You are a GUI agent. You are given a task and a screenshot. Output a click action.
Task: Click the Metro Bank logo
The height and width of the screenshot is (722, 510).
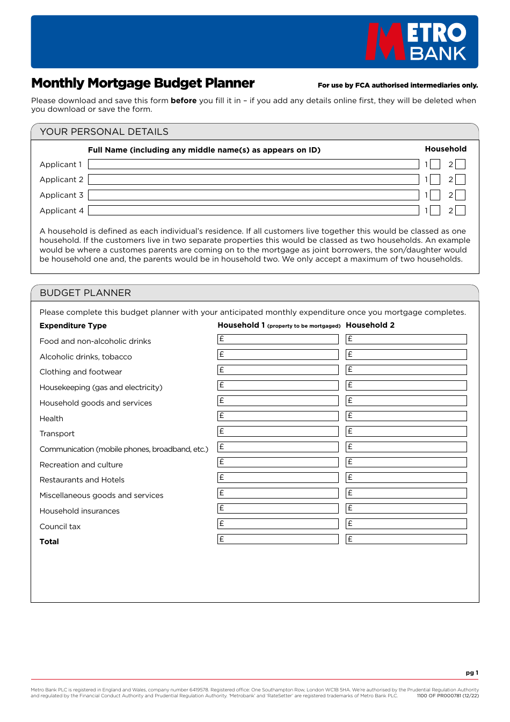pyautogui.click(x=416, y=41)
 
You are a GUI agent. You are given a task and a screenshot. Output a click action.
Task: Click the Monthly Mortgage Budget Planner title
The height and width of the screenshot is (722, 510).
pyautogui.click(x=143, y=83)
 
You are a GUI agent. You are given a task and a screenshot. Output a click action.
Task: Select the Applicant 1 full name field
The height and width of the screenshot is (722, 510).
pyautogui.click(x=253, y=164)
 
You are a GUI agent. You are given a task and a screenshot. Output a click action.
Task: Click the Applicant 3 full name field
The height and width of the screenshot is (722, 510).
pyautogui.click(x=253, y=195)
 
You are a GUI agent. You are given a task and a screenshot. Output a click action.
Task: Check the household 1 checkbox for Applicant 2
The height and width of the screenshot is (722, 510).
pyautogui.click(x=435, y=180)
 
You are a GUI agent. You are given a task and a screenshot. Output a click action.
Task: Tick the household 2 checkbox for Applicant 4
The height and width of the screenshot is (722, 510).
pyautogui.click(x=461, y=211)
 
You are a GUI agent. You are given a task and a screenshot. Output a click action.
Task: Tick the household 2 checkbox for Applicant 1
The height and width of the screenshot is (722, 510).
pyautogui.click(x=461, y=164)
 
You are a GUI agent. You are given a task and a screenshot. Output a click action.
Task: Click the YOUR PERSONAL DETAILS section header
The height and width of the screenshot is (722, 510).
pyautogui.click(x=104, y=132)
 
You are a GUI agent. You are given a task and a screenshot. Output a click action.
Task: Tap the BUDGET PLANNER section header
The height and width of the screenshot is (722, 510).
pyautogui.click(x=85, y=293)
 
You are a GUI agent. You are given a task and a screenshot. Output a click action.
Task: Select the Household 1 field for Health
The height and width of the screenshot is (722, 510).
pyautogui.click(x=278, y=416)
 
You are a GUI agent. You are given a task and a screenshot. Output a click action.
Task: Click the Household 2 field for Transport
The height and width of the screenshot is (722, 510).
pyautogui.click(x=406, y=431)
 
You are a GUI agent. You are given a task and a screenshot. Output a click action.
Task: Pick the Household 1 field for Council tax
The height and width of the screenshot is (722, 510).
pyautogui.click(x=278, y=524)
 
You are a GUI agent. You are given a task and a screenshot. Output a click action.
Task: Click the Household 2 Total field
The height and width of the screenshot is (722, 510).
pyautogui.click(x=406, y=539)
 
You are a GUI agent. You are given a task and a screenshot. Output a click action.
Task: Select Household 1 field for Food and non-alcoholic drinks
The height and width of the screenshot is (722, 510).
pyautogui.click(x=278, y=340)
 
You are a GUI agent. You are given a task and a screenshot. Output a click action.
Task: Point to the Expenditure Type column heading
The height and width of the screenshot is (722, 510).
pyautogui.click(x=73, y=326)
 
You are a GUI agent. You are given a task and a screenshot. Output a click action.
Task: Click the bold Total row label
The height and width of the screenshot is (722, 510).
pyautogui.click(x=49, y=541)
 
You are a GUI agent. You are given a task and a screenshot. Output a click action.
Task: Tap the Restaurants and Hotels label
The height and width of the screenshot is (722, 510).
pyautogui.click(x=82, y=480)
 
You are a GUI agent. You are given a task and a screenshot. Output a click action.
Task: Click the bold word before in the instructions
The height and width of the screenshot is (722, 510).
pyautogui.click(x=184, y=100)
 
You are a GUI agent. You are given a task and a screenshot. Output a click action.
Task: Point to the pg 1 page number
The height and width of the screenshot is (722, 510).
pyautogui.click(x=472, y=673)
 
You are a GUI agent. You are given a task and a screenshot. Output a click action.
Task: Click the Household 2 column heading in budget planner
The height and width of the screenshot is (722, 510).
pyautogui.click(x=370, y=325)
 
